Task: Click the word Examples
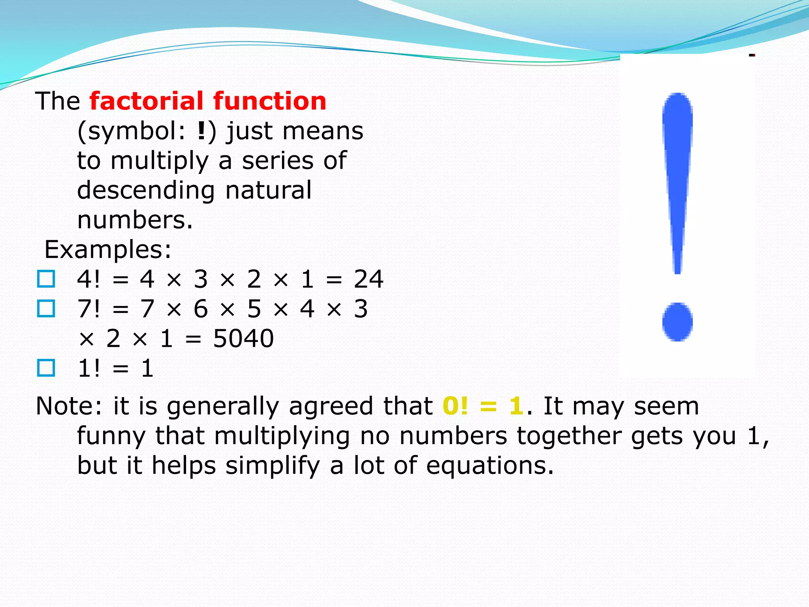(107, 250)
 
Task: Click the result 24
(368, 279)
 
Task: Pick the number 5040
(243, 339)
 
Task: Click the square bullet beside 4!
(46, 279)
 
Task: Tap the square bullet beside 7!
(46, 309)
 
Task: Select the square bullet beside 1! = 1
(46, 368)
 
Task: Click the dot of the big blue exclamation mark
(677, 322)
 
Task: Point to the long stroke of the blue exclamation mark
(677, 178)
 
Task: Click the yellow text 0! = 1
(483, 406)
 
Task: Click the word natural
(268, 190)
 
